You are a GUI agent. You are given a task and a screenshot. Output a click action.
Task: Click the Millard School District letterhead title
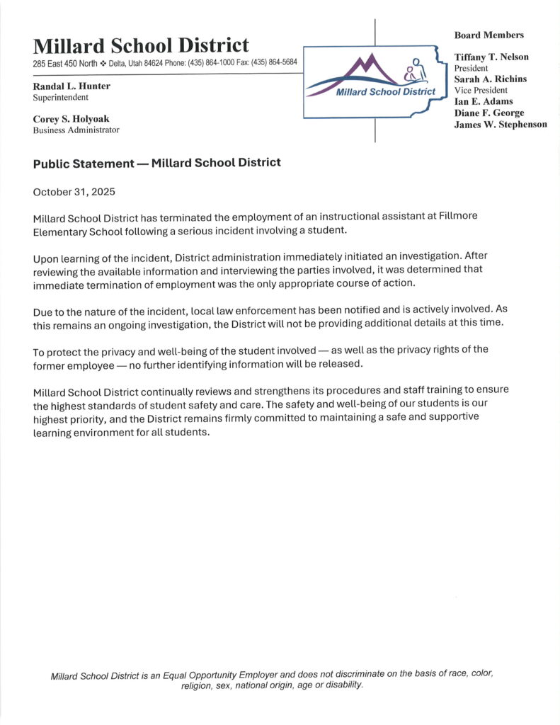click(x=141, y=46)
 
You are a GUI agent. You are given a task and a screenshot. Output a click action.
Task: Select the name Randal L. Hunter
click(x=72, y=86)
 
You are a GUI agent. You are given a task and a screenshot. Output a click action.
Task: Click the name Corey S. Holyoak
click(x=71, y=118)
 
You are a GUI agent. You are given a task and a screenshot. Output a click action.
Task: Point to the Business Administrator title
click(x=76, y=130)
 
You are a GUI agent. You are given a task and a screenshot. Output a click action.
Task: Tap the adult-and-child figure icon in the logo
click(x=413, y=71)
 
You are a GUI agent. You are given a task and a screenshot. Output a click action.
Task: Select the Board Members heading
click(x=488, y=35)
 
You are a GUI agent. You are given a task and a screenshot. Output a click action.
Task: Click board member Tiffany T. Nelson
click(x=491, y=57)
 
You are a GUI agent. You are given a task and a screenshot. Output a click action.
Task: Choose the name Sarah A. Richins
click(x=490, y=79)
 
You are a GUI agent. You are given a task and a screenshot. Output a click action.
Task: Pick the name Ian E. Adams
click(x=484, y=101)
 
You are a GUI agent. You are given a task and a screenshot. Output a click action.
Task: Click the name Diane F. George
click(x=489, y=113)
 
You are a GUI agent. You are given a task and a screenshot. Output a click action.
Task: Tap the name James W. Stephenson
click(x=500, y=124)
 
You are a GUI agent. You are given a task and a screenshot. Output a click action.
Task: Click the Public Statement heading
click(x=156, y=163)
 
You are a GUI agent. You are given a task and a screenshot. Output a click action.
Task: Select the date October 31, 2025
click(x=74, y=192)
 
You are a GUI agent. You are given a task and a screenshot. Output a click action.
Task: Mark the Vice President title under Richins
click(x=481, y=90)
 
